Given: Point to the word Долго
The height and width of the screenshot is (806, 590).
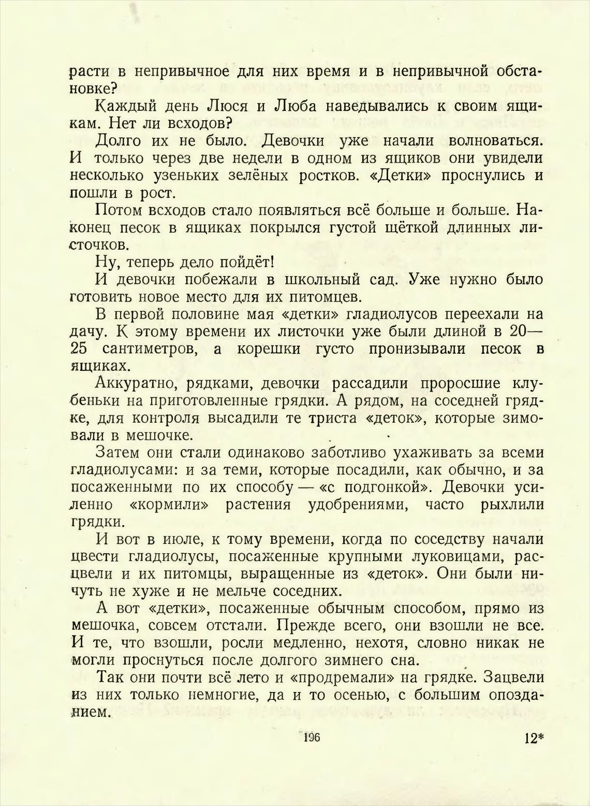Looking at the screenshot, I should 121,140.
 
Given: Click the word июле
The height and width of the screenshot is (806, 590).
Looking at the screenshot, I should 180,539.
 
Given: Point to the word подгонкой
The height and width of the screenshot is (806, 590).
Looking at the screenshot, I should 383,487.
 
